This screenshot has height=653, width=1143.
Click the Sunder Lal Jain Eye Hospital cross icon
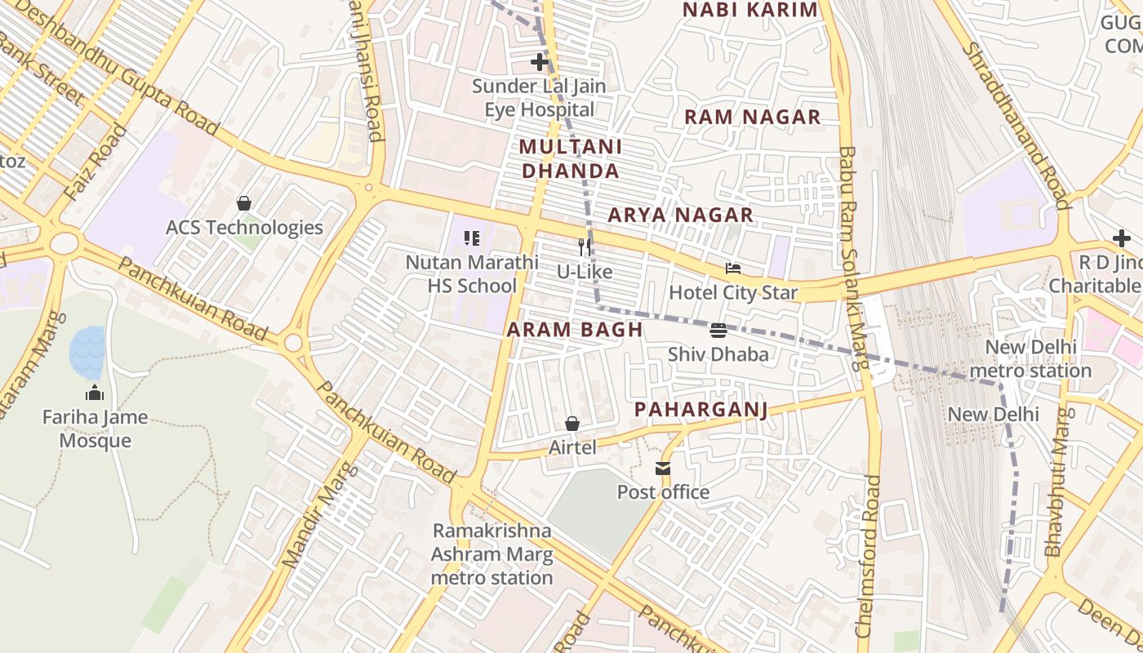pyautogui.click(x=539, y=62)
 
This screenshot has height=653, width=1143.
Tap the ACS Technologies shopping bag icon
pyautogui.click(x=243, y=203)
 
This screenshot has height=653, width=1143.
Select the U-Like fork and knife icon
pyautogui.click(x=585, y=247)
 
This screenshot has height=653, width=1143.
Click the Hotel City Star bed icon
pyautogui.click(x=733, y=268)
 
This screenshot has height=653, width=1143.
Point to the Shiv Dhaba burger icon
pyautogui.click(x=718, y=331)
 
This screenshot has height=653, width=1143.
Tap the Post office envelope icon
pyautogui.click(x=662, y=469)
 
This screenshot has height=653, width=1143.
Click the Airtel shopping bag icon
pyautogui.click(x=572, y=424)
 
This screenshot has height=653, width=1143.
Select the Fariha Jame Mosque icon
pyautogui.click(x=95, y=393)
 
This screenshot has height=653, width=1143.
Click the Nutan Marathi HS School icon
pyautogui.click(x=472, y=238)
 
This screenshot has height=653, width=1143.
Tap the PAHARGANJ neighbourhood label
pyautogui.click(x=701, y=409)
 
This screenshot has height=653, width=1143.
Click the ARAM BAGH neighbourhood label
pyautogui.click(x=575, y=330)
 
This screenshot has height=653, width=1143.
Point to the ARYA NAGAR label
pyautogui.click(x=680, y=215)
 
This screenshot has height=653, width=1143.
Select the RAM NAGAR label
pyautogui.click(x=752, y=117)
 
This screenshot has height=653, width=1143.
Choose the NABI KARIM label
pyautogui.click(x=749, y=10)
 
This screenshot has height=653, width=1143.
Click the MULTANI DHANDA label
pyautogui.click(x=571, y=159)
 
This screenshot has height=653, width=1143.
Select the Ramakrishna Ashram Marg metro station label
pyautogui.click(x=492, y=554)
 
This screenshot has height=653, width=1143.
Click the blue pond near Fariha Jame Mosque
pyautogui.click(x=87, y=352)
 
